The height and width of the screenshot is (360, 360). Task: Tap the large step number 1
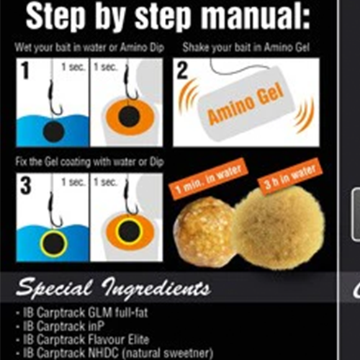[25, 70]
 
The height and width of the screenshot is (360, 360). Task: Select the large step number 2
[182, 70]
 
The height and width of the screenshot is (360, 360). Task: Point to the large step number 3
[26, 186]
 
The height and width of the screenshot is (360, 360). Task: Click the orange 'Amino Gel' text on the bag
[246, 105]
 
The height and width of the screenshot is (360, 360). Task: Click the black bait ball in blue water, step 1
[54, 132]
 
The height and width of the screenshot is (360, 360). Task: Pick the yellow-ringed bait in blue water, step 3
[54, 245]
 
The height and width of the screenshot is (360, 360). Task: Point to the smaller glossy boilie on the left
[204, 230]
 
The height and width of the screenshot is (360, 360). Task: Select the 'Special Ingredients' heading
[114, 289]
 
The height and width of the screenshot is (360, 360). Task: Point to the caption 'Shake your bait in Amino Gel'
[246, 48]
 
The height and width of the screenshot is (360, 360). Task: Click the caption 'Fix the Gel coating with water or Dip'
[89, 162]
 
